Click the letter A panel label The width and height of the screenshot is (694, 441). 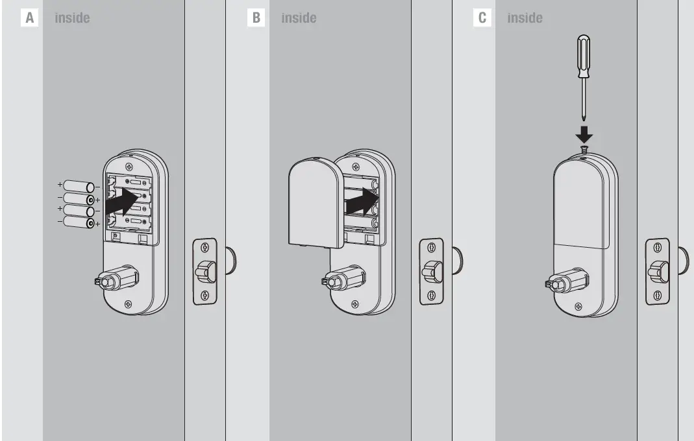29,18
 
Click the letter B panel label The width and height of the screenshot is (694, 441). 256,18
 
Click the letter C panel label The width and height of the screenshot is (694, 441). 482,18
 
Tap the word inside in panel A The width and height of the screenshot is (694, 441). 72,18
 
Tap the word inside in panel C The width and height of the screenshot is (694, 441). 525,18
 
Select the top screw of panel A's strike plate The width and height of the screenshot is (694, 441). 205,247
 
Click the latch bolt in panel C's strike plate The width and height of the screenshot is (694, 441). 659,270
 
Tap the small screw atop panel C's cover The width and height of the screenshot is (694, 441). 584,150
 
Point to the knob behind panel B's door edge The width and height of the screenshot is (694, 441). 458,259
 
